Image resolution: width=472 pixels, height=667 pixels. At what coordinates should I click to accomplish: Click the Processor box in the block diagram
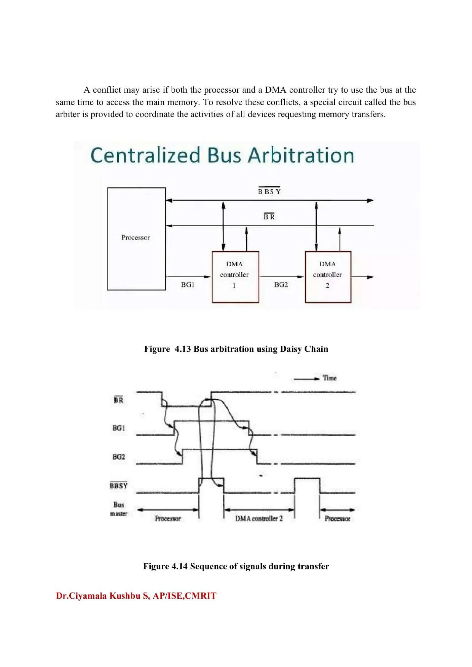pos(136,238)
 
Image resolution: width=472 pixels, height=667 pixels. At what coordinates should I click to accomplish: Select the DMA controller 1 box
pos(235,277)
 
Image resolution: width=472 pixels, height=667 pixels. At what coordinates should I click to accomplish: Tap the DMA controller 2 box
pos(328,277)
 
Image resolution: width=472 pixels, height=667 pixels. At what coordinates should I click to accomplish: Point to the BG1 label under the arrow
pos(188,285)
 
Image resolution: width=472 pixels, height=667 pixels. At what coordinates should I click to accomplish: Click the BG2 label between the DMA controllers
pos(281,285)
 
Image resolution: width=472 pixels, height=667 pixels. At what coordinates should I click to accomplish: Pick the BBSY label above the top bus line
pos(269,192)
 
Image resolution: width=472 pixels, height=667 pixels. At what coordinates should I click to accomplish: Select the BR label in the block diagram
pos(269,217)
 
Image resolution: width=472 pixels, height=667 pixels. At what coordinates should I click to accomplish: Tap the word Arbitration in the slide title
pos(301,155)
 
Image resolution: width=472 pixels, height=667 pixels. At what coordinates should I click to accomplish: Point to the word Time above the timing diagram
pos(330,378)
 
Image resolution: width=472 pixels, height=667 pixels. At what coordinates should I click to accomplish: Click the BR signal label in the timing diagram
pos(118,400)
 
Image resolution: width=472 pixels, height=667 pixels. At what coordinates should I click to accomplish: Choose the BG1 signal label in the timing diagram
pos(118,428)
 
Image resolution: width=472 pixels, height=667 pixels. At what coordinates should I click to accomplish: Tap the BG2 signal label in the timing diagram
pos(119,457)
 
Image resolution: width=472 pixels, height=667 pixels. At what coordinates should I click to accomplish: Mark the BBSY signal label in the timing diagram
pos(119,485)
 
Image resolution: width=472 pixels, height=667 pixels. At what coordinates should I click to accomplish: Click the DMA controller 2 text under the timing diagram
pos(259,519)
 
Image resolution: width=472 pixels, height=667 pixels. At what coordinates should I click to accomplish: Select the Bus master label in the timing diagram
pos(119,509)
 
